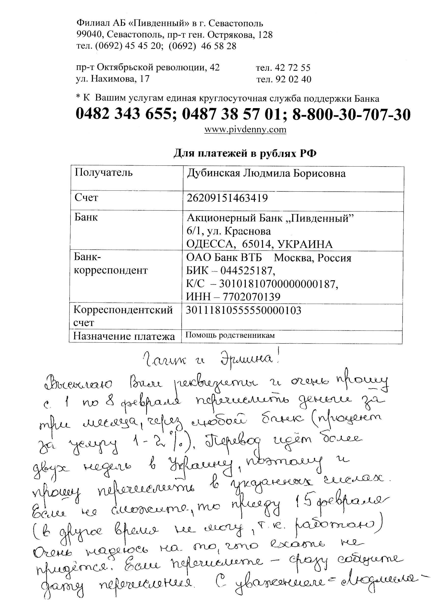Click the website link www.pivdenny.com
pyautogui.click(x=245, y=129)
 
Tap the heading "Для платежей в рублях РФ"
pyautogui.click(x=245, y=153)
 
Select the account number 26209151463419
pyautogui.click(x=227, y=198)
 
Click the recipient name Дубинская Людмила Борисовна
pyautogui.click(x=266, y=173)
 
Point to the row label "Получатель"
pyautogui.click(x=103, y=173)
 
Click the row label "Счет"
pyautogui.click(x=86, y=198)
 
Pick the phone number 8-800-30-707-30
pyautogui.click(x=351, y=115)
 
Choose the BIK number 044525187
pyautogui.click(x=248, y=271)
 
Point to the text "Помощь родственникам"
pyautogui.click(x=230, y=335)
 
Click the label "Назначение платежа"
pyautogui.click(x=124, y=336)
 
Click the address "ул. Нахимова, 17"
pyautogui.click(x=113, y=79)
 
